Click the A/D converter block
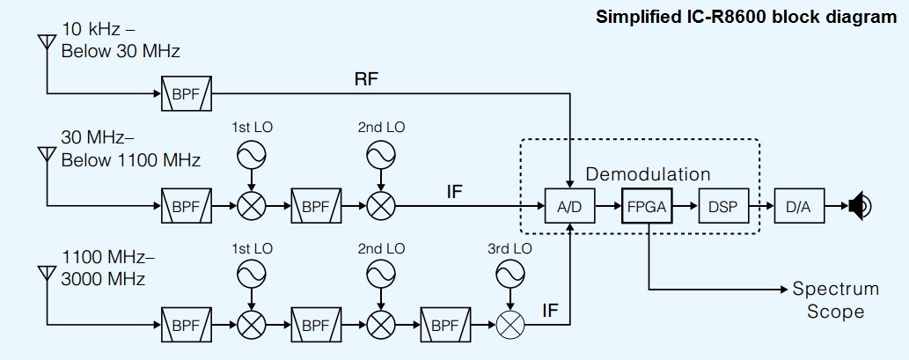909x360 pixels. click(570, 208)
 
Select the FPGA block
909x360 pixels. click(647, 208)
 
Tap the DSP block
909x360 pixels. click(722, 208)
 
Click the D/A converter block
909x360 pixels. click(799, 208)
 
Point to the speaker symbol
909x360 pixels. click(860, 208)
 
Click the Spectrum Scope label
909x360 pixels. click(835, 300)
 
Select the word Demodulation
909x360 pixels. click(648, 174)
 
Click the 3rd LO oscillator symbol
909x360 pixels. click(510, 276)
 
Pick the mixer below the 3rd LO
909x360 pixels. click(510, 325)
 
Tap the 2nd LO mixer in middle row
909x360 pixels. click(381, 208)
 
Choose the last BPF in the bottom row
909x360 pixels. click(445, 325)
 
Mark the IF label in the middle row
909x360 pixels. click(454, 190)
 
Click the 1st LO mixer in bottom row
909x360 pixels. click(252, 325)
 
